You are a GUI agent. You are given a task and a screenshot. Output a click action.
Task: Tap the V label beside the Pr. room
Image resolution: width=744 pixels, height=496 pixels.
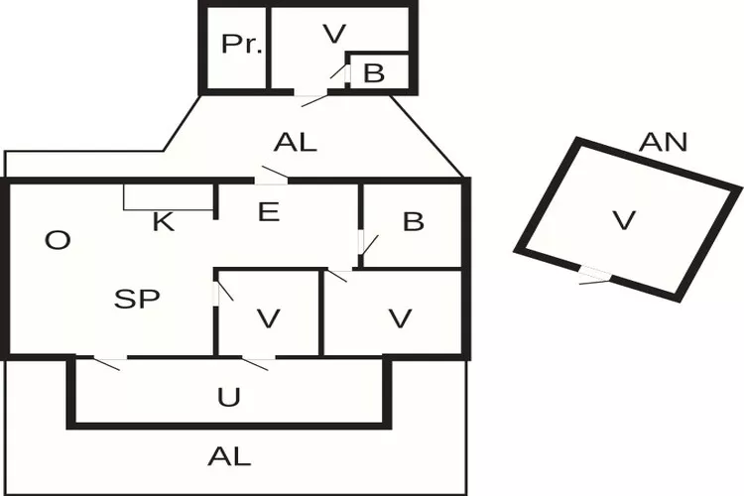click(334, 34)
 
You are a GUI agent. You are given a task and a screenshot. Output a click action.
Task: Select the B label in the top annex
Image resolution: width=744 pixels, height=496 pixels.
click(373, 72)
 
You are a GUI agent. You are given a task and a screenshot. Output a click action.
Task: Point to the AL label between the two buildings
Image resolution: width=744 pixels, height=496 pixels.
click(295, 142)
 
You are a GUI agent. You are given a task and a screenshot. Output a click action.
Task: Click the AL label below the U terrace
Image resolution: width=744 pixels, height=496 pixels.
click(229, 456)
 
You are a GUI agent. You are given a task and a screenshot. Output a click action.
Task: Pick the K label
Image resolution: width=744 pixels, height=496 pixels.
click(164, 221)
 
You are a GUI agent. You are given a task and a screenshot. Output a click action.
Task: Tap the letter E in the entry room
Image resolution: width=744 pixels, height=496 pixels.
click(267, 211)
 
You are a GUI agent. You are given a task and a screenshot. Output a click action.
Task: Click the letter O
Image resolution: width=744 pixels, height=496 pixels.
click(59, 240)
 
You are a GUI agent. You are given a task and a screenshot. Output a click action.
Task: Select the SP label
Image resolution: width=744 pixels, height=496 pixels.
click(137, 299)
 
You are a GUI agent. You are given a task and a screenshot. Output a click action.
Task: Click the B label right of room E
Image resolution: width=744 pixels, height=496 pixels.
click(413, 222)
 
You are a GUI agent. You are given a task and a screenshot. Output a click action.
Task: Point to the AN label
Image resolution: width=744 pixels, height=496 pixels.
click(663, 142)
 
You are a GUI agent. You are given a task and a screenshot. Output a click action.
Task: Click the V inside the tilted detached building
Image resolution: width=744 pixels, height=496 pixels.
click(623, 220)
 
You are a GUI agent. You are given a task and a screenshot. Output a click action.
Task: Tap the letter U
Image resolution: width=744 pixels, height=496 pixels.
click(229, 398)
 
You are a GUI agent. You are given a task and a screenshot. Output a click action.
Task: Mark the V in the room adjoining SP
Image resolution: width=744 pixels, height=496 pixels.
click(268, 318)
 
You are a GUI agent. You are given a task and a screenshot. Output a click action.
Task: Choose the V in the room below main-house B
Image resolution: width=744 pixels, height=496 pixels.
click(400, 318)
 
